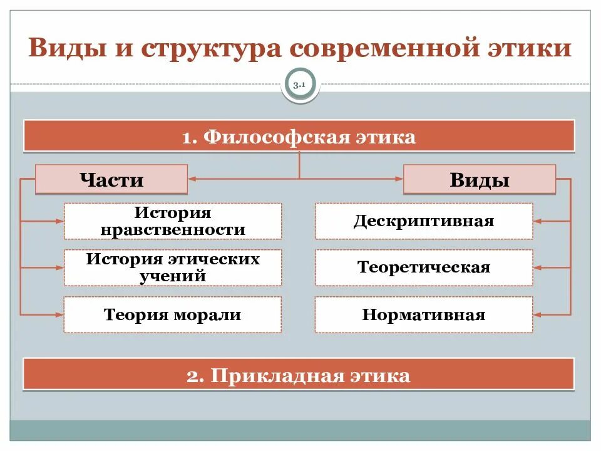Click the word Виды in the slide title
pos(63,49)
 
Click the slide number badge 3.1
pos(300,86)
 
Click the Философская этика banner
pos(299,137)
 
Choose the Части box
pos(111,180)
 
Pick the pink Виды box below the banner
pos(479,180)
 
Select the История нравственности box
pos(173,221)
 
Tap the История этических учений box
pos(173,267)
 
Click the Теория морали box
pos(173,314)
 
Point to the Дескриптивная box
pos(424,221)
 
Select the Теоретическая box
pos(424,267)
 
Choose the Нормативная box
pos(424,314)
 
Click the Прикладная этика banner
pos(299,375)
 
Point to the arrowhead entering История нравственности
pos(60,221)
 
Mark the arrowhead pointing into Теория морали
pos(60,314)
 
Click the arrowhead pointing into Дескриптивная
pos(537,221)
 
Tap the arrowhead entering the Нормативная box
pos(537,314)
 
